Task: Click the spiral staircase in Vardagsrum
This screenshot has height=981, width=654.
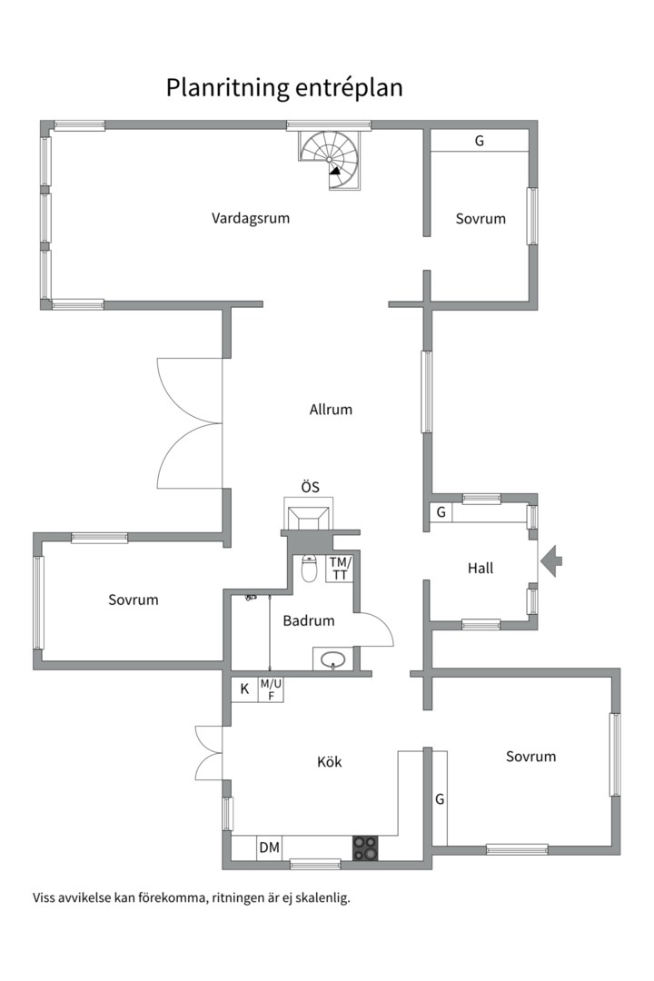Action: (329, 159)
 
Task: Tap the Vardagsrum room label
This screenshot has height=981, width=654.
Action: (251, 218)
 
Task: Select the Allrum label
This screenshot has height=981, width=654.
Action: (331, 409)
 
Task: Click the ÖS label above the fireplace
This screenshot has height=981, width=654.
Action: (311, 487)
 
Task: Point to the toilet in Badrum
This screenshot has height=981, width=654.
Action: (309, 568)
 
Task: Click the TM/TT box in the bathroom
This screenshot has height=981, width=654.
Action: (340, 568)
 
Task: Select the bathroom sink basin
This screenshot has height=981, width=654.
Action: (333, 659)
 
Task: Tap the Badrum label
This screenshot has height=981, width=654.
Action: (309, 620)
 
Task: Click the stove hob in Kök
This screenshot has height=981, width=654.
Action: (365, 848)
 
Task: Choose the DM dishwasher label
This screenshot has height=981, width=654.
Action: (270, 847)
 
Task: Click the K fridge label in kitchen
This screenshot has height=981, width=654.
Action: (244, 689)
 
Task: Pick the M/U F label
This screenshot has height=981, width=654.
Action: (271, 689)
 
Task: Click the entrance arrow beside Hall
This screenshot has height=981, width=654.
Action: (551, 560)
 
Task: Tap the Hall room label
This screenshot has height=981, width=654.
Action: (481, 568)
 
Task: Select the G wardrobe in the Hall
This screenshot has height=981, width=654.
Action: (441, 512)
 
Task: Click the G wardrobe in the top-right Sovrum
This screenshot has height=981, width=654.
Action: (480, 141)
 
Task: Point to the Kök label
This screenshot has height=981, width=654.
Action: (329, 762)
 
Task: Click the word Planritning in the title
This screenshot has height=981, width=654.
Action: (226, 87)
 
